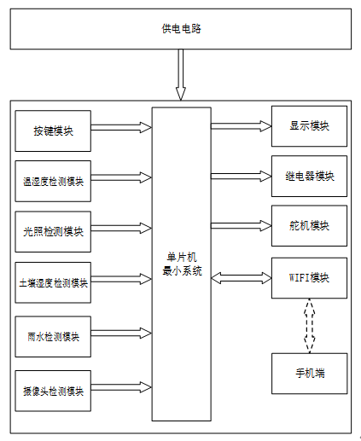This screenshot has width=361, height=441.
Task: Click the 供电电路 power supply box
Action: click(x=181, y=29)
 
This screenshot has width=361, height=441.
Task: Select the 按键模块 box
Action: click(x=53, y=131)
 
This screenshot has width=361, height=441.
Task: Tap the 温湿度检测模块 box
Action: click(x=53, y=181)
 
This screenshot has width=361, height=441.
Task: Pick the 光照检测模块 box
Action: click(x=53, y=231)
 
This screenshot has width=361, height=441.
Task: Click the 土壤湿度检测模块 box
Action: click(x=53, y=282)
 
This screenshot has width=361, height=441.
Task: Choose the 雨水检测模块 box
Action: click(x=53, y=336)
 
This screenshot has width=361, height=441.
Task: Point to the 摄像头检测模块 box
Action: click(x=53, y=391)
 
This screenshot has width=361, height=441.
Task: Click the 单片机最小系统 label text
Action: click(x=182, y=264)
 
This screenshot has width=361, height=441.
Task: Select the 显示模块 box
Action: click(x=309, y=126)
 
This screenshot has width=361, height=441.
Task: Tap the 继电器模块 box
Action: click(x=309, y=176)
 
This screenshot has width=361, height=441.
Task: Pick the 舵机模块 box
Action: click(x=309, y=226)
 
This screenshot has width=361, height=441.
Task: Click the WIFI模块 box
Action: click(x=309, y=278)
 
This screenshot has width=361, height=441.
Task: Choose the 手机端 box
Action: click(x=310, y=374)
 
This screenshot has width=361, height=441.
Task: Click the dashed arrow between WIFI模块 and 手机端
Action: click(x=310, y=326)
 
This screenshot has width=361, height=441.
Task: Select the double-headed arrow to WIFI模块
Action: click(x=242, y=278)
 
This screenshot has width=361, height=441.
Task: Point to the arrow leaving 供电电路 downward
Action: click(x=181, y=75)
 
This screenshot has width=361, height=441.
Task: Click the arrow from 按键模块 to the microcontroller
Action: click(x=121, y=127)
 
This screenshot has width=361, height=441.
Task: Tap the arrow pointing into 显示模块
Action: click(x=242, y=126)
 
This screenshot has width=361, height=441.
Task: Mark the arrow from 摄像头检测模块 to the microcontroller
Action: click(x=121, y=387)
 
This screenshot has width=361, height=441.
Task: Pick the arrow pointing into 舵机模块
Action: click(x=242, y=226)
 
